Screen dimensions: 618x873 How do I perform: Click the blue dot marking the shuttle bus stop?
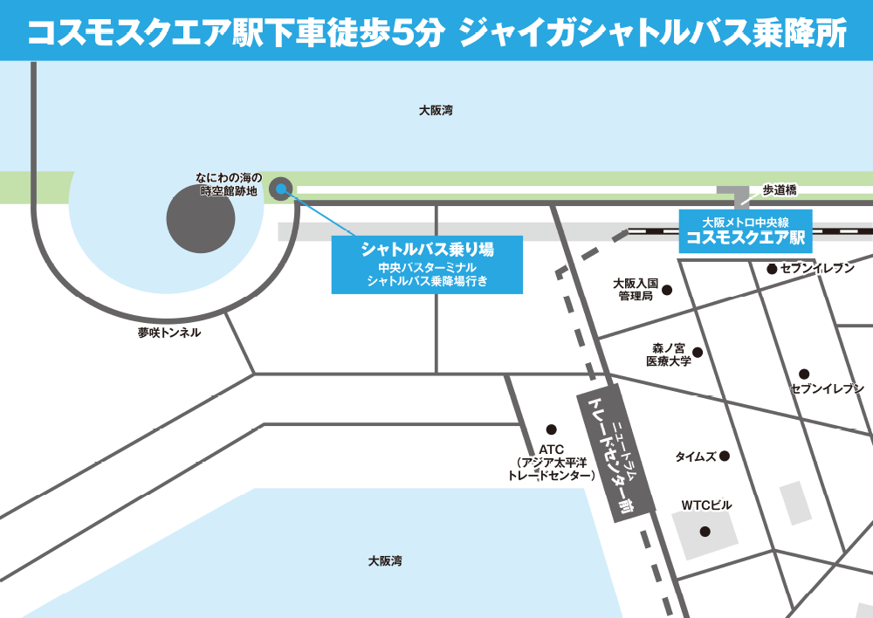(280, 188)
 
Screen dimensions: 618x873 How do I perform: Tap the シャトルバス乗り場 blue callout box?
(427, 264)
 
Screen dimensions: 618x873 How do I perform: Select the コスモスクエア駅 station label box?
(746, 231)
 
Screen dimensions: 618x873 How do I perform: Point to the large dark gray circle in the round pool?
(201, 219)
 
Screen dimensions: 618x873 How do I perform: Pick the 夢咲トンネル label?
(168, 333)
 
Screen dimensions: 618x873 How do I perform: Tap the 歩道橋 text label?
(780, 189)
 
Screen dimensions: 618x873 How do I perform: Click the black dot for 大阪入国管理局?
(666, 289)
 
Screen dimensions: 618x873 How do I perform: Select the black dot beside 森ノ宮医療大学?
(697, 353)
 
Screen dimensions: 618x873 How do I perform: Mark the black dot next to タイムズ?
(723, 456)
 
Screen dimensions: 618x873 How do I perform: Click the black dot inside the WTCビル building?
(705, 531)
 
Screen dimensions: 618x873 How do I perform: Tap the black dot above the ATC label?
(551, 429)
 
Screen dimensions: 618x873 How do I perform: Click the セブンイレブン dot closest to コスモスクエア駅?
(772, 269)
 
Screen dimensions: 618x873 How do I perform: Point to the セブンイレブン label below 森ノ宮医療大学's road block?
(827, 388)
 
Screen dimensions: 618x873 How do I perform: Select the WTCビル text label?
(706, 505)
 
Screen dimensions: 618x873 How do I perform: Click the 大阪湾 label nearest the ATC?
(385, 561)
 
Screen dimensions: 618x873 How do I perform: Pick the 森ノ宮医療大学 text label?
(669, 354)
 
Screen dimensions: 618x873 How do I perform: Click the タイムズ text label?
(696, 457)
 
